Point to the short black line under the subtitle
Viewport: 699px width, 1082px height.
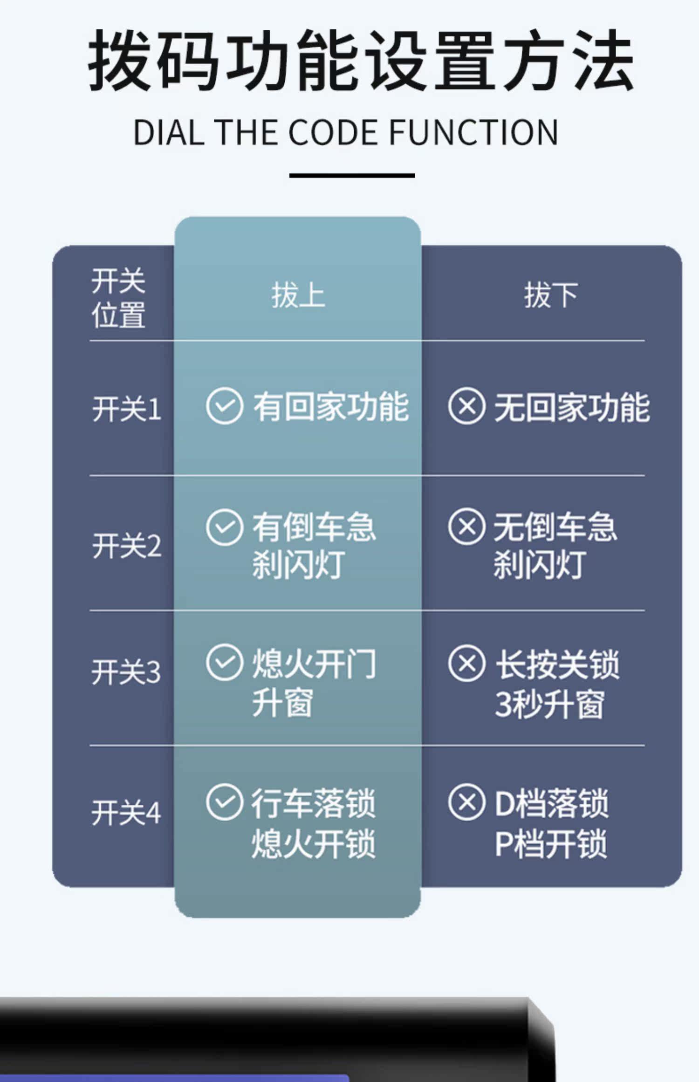coord(352,176)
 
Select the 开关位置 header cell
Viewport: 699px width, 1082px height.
coord(118,298)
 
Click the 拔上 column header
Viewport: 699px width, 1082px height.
coord(298,295)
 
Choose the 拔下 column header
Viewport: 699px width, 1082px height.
coord(551,295)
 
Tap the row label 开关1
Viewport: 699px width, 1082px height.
coord(126,409)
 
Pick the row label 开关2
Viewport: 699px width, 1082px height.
coord(126,546)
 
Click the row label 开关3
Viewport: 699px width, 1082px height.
coord(126,672)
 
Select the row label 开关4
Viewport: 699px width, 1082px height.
coord(126,813)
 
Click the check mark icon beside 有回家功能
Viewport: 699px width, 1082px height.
coord(224,406)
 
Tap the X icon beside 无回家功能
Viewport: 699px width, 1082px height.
coord(466,406)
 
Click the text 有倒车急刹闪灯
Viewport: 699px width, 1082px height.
coord(313,545)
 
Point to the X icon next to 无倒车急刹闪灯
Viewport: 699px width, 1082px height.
coord(466,527)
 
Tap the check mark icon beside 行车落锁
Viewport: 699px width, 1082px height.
coord(224,802)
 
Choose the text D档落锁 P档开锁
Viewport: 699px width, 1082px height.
coord(551,823)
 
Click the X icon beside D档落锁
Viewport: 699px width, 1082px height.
coord(466,802)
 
